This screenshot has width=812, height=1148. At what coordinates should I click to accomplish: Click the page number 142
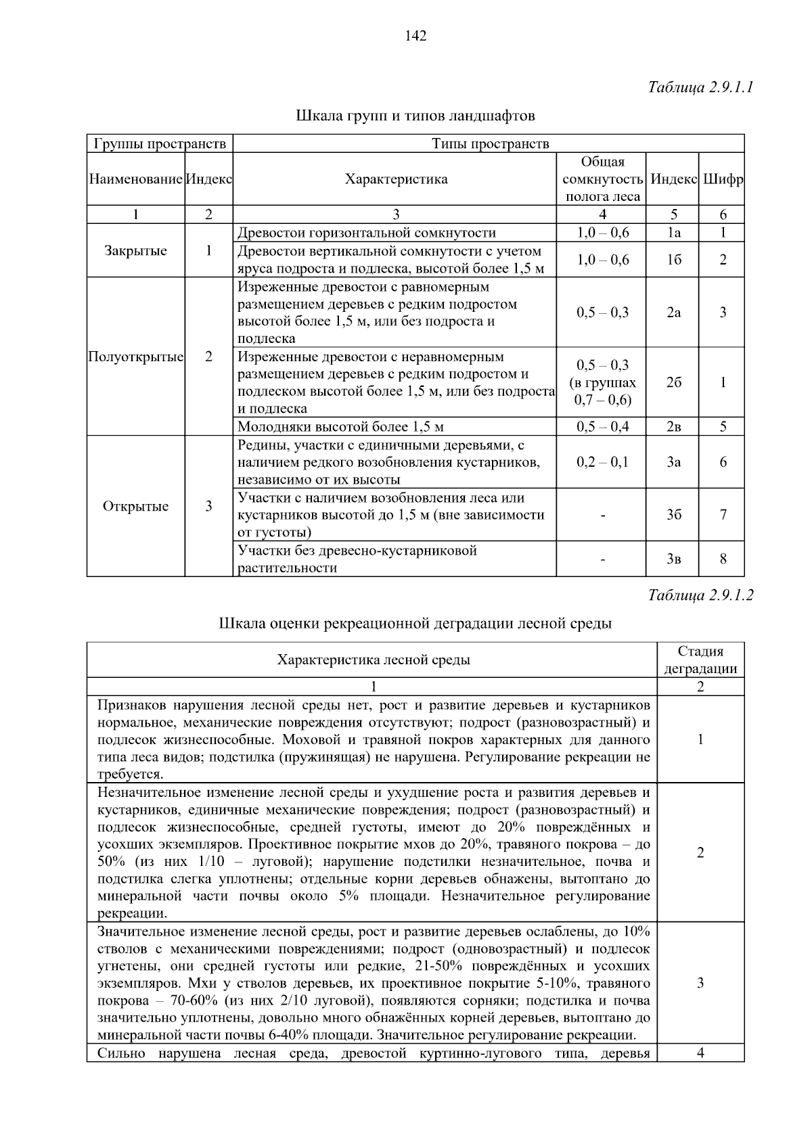coord(415,37)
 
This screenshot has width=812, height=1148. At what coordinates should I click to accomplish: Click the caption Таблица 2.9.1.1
coord(700,87)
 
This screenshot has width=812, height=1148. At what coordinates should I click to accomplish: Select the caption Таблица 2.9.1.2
coord(700,595)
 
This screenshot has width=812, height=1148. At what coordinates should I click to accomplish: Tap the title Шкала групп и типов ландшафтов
coord(415,116)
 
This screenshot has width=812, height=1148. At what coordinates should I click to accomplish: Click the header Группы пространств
coord(160,143)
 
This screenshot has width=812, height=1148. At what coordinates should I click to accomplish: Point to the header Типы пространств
coord(490,143)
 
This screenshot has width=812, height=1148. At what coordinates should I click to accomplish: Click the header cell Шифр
coord(723,179)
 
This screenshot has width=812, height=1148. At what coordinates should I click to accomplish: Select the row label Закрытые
coord(135,251)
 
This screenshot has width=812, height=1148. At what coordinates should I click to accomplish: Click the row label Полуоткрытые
coord(135,357)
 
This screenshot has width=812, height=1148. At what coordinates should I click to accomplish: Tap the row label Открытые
coord(135,506)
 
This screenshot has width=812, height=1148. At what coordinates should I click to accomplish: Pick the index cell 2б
coord(673,382)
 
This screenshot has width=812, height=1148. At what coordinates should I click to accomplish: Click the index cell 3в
coord(673,559)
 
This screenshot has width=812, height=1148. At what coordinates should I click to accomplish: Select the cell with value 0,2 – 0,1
coord(602,462)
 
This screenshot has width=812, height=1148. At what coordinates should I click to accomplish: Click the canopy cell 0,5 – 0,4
coord(602,426)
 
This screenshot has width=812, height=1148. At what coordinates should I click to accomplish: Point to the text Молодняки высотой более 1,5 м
coord(340,427)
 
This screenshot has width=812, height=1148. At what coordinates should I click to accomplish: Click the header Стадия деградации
coord(700,660)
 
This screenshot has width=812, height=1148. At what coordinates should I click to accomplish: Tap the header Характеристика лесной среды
coord(374,660)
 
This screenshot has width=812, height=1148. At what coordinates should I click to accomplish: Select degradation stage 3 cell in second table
coord(700,983)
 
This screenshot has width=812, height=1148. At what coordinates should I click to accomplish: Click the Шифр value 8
coord(723,559)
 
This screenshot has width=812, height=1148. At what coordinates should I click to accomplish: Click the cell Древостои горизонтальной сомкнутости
coord(367,233)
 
